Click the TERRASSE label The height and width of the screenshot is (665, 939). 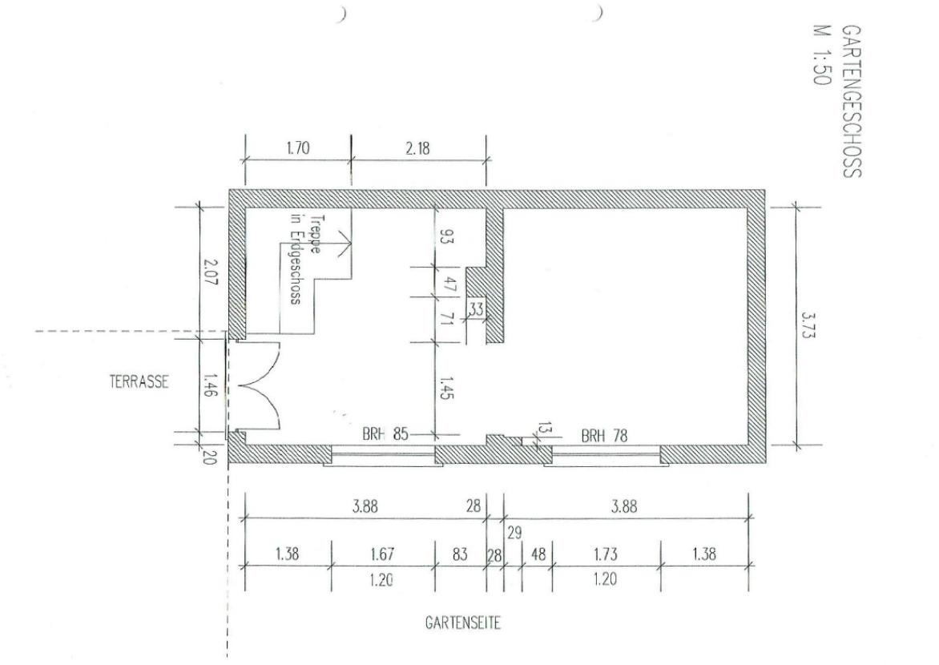click(x=139, y=382)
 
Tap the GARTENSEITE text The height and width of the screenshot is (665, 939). click(x=463, y=624)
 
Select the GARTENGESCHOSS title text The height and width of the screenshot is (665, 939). click(x=852, y=99)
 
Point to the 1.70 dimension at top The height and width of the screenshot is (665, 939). click(x=296, y=147)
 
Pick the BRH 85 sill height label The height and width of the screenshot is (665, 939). click(x=385, y=436)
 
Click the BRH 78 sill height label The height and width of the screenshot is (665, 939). click(x=604, y=436)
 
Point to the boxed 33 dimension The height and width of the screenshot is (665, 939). click(x=476, y=308)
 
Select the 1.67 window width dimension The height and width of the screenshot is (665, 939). click(x=382, y=554)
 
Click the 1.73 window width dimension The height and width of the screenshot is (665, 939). click(x=606, y=554)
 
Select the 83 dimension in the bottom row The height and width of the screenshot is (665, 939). click(x=460, y=554)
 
